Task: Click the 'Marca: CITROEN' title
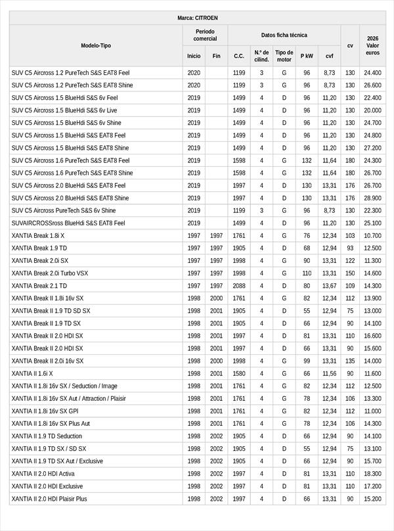click(x=197, y=18)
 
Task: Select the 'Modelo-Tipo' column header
click(x=96, y=45)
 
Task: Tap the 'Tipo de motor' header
click(x=284, y=56)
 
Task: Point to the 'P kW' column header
click(x=307, y=57)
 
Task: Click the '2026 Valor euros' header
click(x=373, y=45)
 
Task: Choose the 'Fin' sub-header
click(x=217, y=57)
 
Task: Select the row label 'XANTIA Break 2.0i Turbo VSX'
click(x=50, y=273)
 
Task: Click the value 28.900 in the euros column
click(x=372, y=198)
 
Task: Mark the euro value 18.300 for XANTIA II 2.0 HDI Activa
click(x=372, y=473)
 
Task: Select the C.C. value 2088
click(x=239, y=286)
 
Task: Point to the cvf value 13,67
click(x=329, y=286)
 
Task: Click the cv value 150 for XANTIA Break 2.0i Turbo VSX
click(x=350, y=273)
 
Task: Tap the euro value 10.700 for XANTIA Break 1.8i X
click(x=372, y=235)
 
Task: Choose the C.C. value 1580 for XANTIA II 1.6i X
click(x=239, y=373)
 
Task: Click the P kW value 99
click(x=307, y=361)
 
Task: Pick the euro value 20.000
click(x=372, y=110)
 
